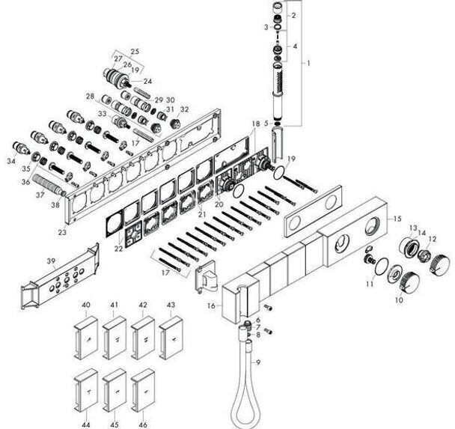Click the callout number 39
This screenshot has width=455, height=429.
(x=51, y=261)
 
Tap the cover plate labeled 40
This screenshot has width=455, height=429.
(x=85, y=338)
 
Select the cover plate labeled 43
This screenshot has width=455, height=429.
(x=171, y=338)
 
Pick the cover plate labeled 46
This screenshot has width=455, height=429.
(x=143, y=390)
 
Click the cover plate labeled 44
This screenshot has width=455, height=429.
(x=85, y=390)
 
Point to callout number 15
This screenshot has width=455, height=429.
(x=397, y=219)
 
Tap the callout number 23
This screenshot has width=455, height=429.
(x=62, y=232)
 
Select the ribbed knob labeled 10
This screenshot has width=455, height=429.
(x=409, y=281)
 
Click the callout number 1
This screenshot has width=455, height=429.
(x=308, y=63)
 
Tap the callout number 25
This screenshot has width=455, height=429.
(x=135, y=52)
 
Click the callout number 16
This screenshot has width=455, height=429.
(x=211, y=305)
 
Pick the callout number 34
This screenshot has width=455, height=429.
(x=11, y=161)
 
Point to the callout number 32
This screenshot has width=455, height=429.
(x=184, y=109)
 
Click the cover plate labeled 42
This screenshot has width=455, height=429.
(x=143, y=338)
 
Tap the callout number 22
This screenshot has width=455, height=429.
(x=118, y=249)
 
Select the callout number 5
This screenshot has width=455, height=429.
(x=266, y=123)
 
